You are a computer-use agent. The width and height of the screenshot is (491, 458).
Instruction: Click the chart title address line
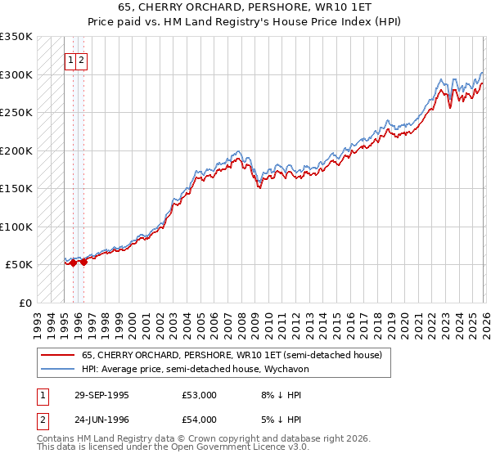pyautogui.click(x=245, y=7)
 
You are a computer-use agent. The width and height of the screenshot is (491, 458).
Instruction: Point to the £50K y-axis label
pyautogui.click(x=19, y=265)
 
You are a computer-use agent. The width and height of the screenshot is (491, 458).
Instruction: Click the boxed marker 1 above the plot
pyautogui.click(x=71, y=60)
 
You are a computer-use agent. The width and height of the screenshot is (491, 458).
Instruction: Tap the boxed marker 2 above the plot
pyautogui.click(x=83, y=60)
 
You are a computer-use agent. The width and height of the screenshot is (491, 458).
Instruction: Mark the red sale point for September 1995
pyautogui.click(x=74, y=263)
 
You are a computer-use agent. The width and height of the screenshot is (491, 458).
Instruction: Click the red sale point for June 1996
pyautogui.click(x=83, y=262)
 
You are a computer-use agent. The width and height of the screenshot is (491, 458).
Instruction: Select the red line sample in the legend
pyautogui.click(x=57, y=356)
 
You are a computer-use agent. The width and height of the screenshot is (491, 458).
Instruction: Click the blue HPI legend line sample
pyautogui.click(x=57, y=369)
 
